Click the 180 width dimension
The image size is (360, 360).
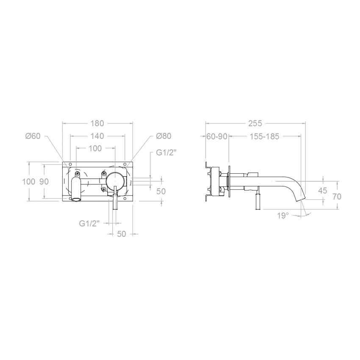coord(97,124)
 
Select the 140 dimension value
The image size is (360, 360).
coord(97,136)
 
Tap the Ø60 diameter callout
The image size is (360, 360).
coord(33,136)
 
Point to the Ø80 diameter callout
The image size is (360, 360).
coord(164,136)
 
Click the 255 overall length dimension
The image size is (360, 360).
coord(255,124)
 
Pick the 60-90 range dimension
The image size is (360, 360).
coord(217,137)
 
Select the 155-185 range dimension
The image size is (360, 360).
coord(264,137)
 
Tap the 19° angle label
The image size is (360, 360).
coord(282,216)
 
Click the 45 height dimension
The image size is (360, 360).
coord(323,190)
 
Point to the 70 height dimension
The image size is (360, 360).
coord(337,197)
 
